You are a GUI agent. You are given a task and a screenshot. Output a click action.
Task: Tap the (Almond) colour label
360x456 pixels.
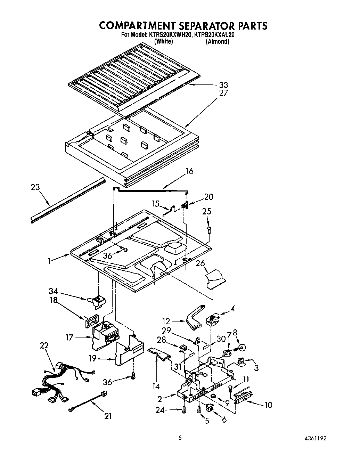[x=218, y=41]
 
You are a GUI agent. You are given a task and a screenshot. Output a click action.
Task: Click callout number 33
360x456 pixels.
[x=223, y=85]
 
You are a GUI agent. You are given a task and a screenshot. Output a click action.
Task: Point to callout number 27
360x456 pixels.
[x=223, y=93]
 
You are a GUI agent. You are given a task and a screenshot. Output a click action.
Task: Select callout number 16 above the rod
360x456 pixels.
[x=189, y=171]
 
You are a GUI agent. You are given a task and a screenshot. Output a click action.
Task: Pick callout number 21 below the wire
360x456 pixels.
[x=108, y=416]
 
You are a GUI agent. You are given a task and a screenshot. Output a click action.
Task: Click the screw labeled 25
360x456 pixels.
[x=208, y=229]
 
